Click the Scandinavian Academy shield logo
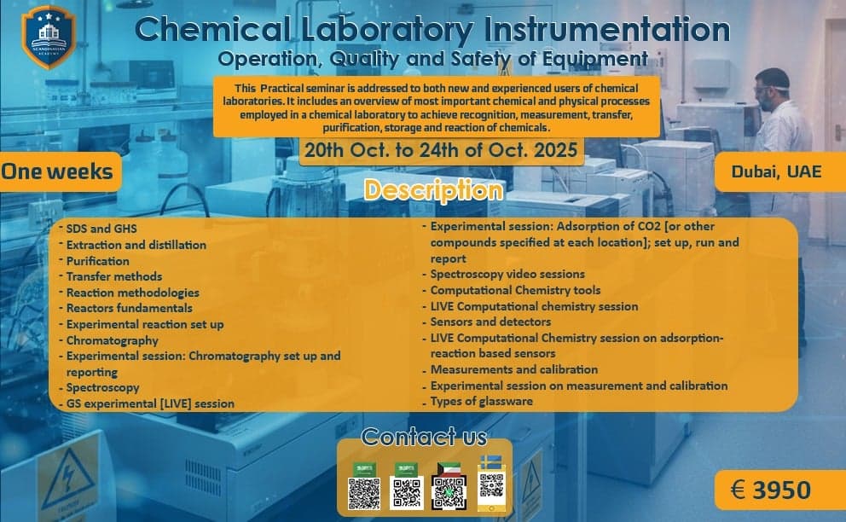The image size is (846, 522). [x=48, y=37]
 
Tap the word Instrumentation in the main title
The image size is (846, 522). [x=607, y=29]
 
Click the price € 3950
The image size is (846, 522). [x=770, y=490]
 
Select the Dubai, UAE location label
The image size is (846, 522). [x=776, y=171]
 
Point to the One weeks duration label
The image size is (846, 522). [x=57, y=171]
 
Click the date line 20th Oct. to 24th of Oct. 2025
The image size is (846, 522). [x=441, y=149]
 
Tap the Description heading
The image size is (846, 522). [x=434, y=190]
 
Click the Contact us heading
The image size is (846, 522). [x=424, y=437]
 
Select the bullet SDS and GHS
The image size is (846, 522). [x=101, y=229]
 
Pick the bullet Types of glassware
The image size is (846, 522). [x=481, y=401]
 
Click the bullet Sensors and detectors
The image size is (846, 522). [x=490, y=322]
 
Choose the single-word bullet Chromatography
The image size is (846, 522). [x=113, y=340]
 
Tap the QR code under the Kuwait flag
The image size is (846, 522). [x=449, y=492]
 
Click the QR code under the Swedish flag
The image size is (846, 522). [x=491, y=485]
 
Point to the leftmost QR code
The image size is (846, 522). [x=364, y=493]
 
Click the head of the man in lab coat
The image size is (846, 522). [x=773, y=89]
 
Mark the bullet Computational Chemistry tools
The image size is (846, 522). [x=515, y=290]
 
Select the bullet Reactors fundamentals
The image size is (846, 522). [x=129, y=308]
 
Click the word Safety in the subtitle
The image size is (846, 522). [x=482, y=58]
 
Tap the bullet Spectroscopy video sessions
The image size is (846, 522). [x=507, y=275]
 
